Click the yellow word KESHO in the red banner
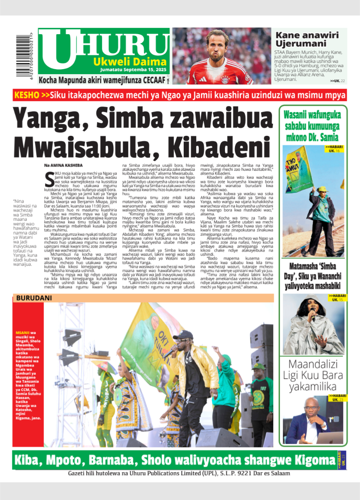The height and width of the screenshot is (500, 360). click(27, 95)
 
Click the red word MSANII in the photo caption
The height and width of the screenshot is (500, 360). click(22, 333)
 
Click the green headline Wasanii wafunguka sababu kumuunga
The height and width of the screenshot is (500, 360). click(312, 126)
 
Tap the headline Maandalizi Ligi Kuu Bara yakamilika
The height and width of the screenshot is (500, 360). click(312, 375)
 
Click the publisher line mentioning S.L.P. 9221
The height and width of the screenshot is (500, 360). click(179, 473)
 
